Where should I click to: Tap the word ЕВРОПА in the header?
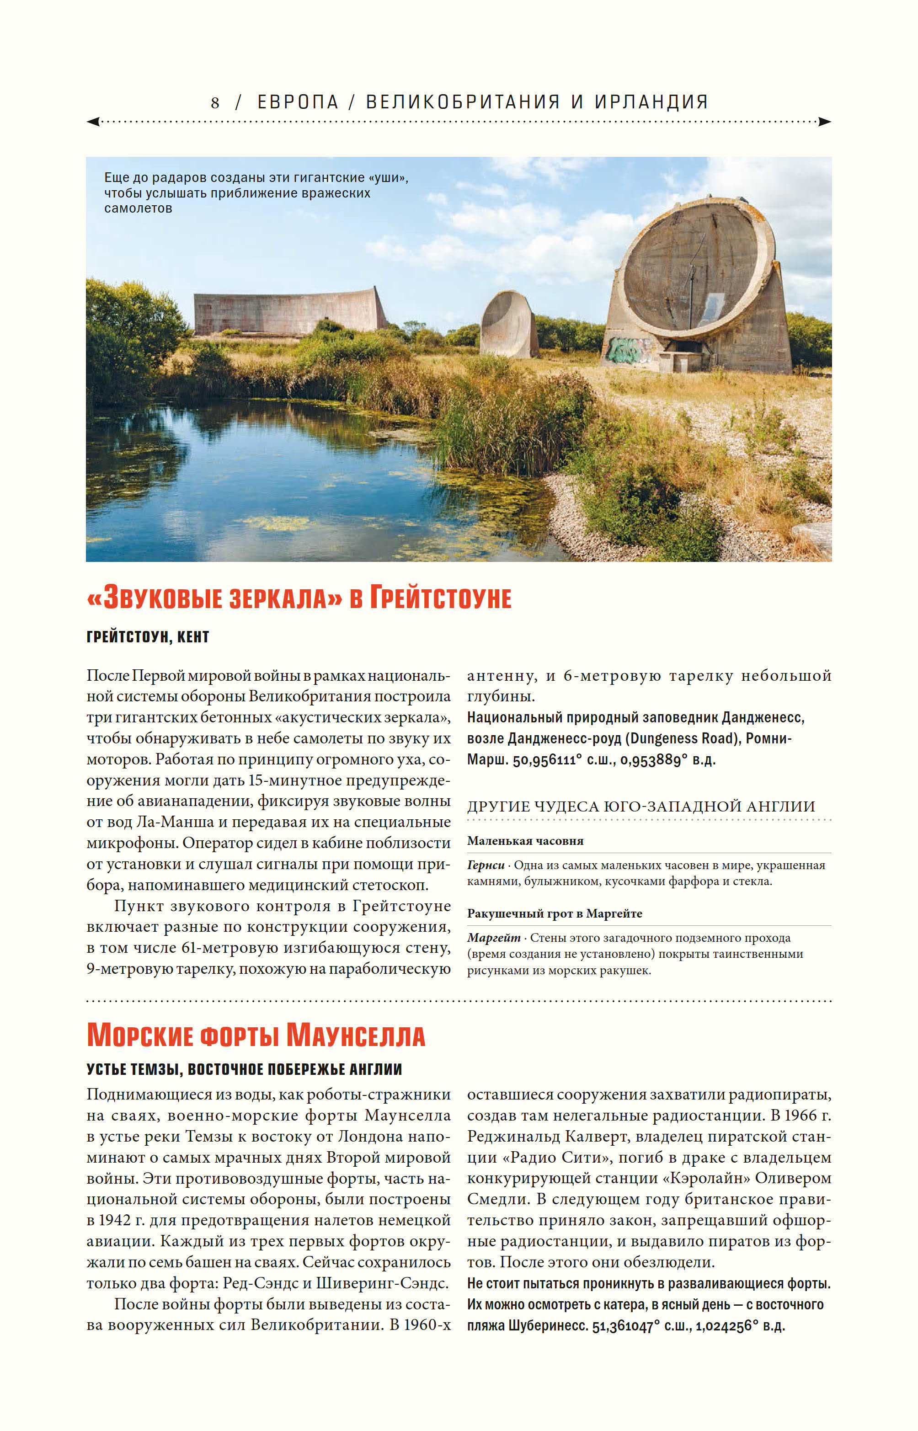(x=298, y=102)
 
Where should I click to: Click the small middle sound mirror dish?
(x=508, y=324)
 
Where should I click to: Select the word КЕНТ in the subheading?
(x=193, y=637)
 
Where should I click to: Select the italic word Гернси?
(x=485, y=865)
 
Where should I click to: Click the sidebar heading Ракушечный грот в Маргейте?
(x=555, y=913)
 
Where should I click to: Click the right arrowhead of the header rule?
(x=824, y=122)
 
